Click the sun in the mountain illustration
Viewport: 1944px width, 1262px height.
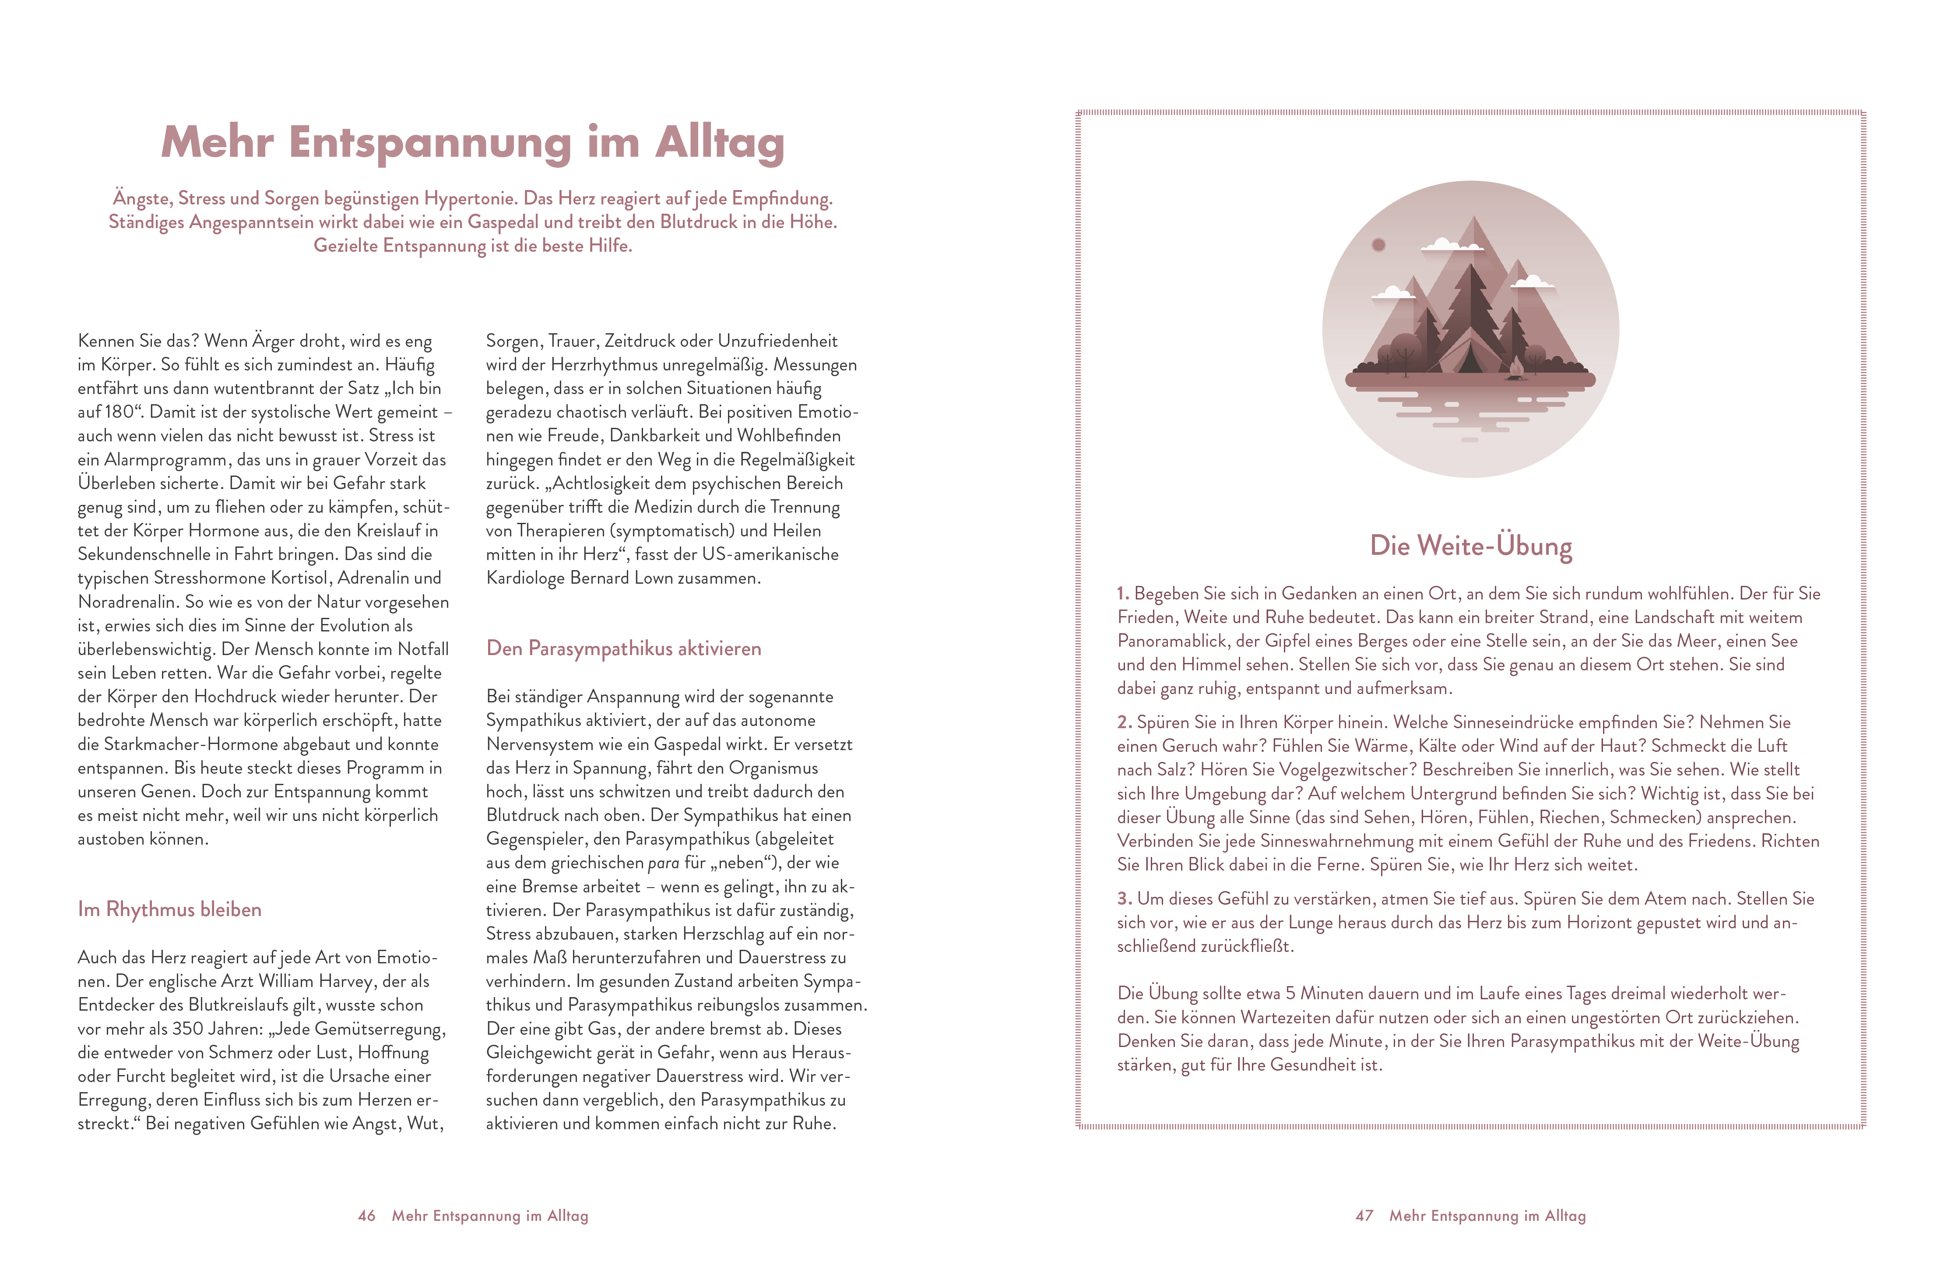click(x=1379, y=244)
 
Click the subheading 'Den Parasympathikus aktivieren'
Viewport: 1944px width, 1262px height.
click(x=623, y=649)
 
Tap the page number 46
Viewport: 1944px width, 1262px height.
click(x=367, y=1216)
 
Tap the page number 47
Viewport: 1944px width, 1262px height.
click(x=1364, y=1216)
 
